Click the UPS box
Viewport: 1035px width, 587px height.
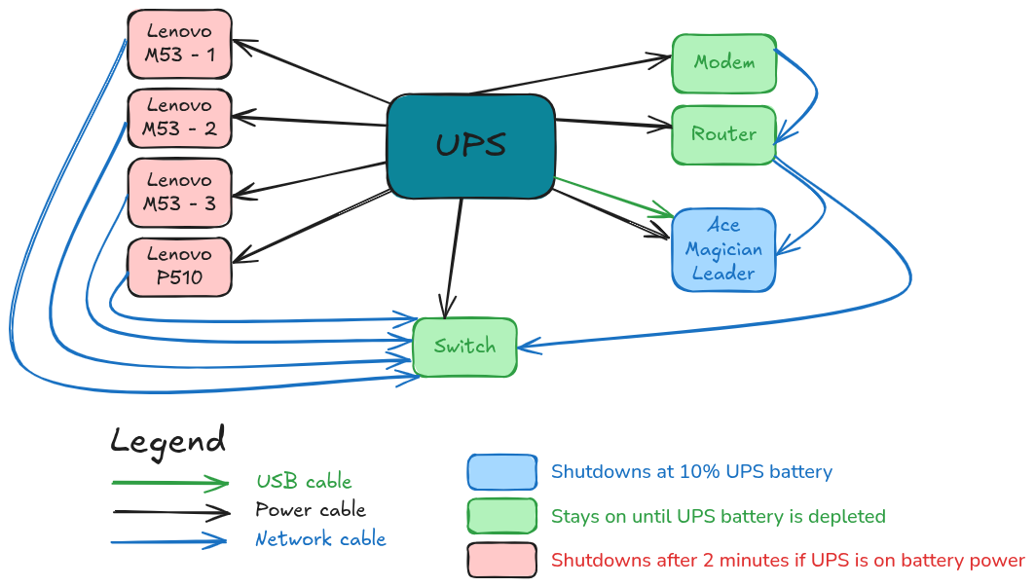coord(470,146)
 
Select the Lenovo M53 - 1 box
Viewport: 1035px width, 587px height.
coord(179,44)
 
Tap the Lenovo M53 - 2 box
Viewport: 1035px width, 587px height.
coord(179,117)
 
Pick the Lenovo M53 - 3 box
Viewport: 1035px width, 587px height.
coord(179,191)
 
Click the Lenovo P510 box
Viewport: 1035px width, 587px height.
coord(179,266)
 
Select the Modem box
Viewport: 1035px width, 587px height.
coord(724,62)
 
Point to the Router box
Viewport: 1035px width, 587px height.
coord(724,134)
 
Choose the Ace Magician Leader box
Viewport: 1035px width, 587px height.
coord(723,249)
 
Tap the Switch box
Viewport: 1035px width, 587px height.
coord(464,347)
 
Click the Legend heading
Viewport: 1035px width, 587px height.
coord(167,441)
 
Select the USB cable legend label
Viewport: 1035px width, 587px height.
coord(304,482)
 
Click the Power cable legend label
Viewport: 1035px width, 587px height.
coord(311,510)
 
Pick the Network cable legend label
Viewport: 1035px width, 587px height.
coord(320,539)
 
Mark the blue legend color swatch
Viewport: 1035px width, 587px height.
coord(501,472)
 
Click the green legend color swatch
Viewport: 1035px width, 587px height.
coord(501,516)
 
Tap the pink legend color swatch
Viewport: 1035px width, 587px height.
coord(501,560)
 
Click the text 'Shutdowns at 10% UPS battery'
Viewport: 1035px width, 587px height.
coord(691,472)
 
